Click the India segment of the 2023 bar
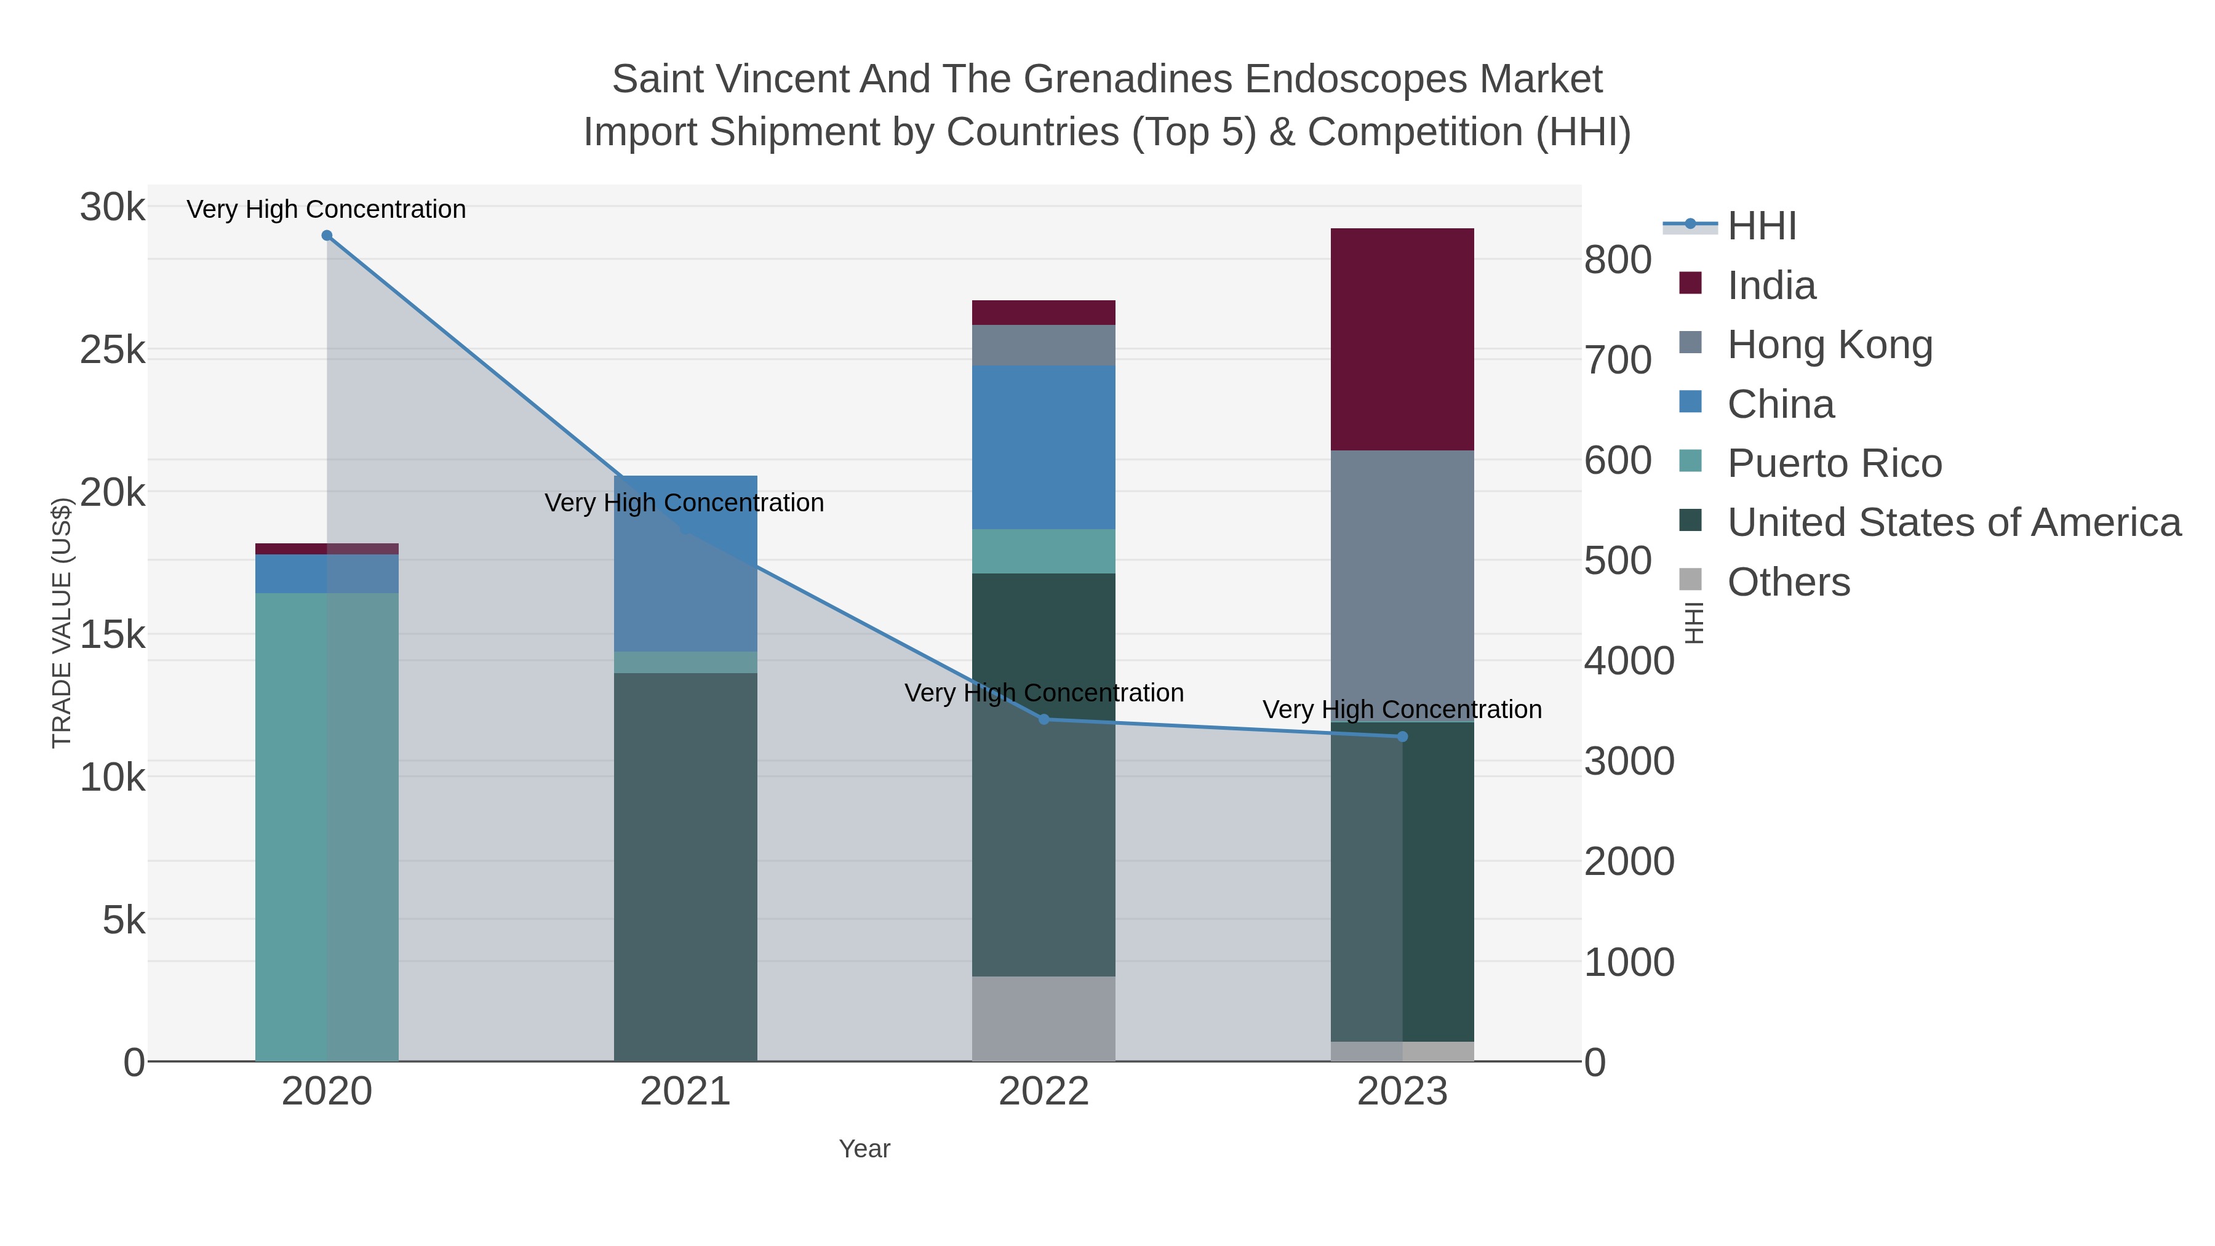(x=1402, y=339)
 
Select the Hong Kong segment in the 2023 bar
(x=1402, y=585)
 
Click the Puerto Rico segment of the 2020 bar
(x=327, y=826)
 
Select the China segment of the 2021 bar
(x=685, y=563)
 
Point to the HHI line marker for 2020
(x=327, y=236)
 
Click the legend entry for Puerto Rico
(x=1834, y=463)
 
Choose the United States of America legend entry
(x=1954, y=523)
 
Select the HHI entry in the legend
(x=1761, y=226)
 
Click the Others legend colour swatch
(x=1690, y=580)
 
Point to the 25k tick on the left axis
(x=113, y=350)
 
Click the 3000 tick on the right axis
(x=1629, y=762)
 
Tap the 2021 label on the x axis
(x=685, y=1092)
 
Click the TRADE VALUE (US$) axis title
(x=62, y=623)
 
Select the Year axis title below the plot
(x=864, y=1149)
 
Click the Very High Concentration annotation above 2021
(x=684, y=503)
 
